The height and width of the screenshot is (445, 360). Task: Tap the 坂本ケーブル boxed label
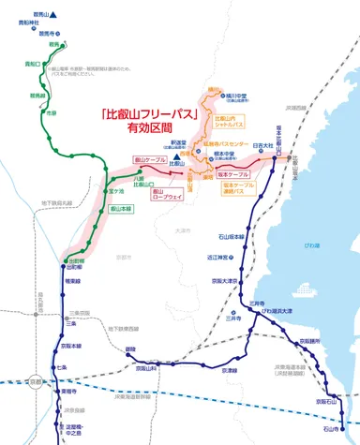tap(232, 173)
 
